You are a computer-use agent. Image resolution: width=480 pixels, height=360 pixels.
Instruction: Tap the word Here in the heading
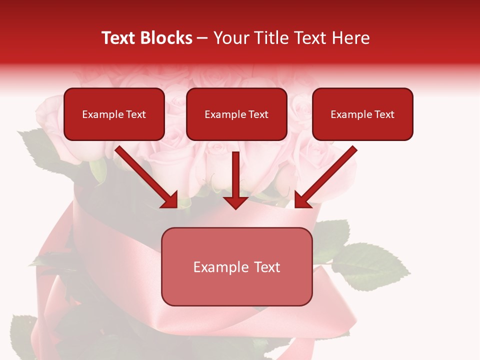pyautogui.click(x=351, y=38)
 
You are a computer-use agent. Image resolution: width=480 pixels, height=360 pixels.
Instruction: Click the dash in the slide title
pyautogui.click(x=202, y=38)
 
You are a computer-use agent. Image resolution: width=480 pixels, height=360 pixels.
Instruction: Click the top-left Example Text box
pyautogui.click(x=114, y=114)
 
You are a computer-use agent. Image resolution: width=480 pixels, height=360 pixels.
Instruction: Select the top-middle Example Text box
pyautogui.click(x=236, y=114)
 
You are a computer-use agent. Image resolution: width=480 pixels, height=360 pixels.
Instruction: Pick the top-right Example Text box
pyautogui.click(x=362, y=114)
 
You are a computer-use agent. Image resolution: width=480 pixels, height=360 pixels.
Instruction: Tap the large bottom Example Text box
pyautogui.click(x=236, y=266)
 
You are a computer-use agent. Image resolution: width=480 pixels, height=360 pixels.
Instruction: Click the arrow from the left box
pyautogui.click(x=145, y=176)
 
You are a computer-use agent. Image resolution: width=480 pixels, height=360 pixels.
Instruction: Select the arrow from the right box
pyautogui.click(x=327, y=176)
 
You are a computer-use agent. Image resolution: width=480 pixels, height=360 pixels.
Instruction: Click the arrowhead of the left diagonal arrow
pyautogui.click(x=170, y=200)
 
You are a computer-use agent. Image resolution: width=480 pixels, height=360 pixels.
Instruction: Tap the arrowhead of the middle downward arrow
pyautogui.click(x=235, y=201)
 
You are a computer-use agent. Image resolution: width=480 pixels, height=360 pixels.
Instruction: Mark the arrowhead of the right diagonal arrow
pyautogui.click(x=301, y=200)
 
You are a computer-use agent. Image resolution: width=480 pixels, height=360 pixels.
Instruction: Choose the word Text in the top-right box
pyautogui.click(x=384, y=114)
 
